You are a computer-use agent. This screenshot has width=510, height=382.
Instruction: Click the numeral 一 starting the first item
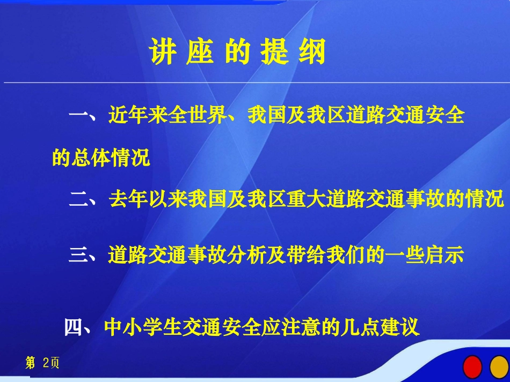point(79,115)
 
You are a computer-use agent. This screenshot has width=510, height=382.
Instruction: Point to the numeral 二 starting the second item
point(79,199)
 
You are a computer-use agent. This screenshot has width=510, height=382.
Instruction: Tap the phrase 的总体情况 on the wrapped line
point(101,158)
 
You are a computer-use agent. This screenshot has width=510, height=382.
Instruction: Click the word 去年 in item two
point(128,199)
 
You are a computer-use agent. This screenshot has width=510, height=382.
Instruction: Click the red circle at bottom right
point(473,366)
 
